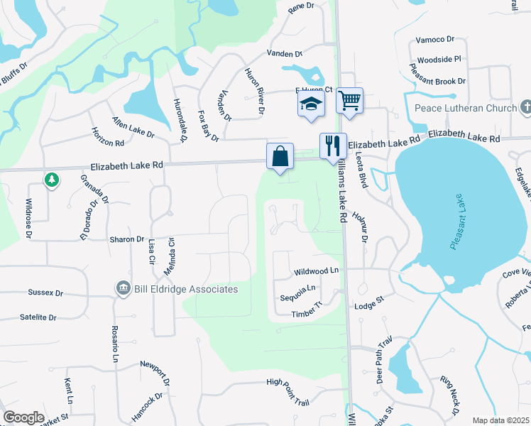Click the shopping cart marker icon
(349, 100)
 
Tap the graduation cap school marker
(311, 103)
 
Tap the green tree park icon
(51, 180)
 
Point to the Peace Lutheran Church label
(465, 109)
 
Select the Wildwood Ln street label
(316, 272)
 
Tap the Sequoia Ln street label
(297, 296)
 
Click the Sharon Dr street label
(127, 239)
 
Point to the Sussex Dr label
(45, 292)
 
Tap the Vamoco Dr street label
(434, 40)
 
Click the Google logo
(23, 417)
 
